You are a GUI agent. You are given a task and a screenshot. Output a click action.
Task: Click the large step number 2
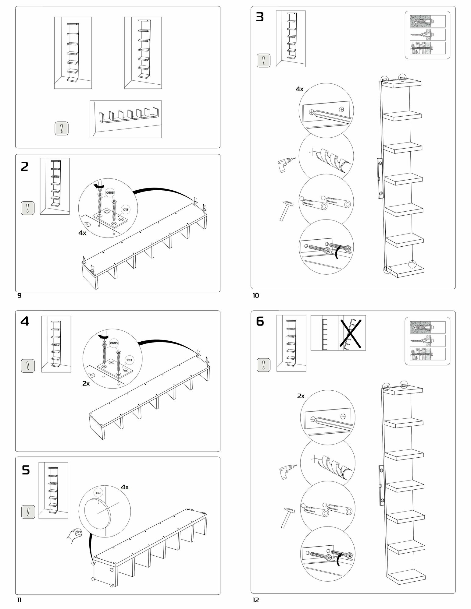pos(24,167)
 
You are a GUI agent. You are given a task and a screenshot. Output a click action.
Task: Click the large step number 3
pos(259,17)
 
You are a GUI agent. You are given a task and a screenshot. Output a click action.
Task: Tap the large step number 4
pos(25,321)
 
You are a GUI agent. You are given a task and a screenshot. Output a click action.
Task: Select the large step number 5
pos(26,470)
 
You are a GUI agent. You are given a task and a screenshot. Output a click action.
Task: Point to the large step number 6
pos(260,321)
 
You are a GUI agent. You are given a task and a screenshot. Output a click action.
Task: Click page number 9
pos(19,295)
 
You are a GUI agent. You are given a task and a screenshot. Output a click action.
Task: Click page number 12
pos(255,600)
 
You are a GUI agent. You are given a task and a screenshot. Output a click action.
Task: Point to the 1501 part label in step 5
pos(98,493)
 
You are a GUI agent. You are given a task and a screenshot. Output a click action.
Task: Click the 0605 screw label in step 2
pos(110,192)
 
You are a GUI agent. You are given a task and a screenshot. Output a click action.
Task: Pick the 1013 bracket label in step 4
pos(129,360)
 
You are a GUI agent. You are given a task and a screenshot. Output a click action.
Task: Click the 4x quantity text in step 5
pos(125,487)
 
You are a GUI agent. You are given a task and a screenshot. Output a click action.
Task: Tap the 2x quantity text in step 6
pos(301,396)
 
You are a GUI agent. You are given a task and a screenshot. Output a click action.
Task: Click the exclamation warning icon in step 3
pos(263,60)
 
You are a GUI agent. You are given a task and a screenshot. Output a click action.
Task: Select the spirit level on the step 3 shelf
pos(380,178)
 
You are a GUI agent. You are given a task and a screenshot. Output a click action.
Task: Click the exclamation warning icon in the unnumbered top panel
pos(62,128)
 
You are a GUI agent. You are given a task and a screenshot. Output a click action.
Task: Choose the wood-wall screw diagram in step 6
pos(427,355)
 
